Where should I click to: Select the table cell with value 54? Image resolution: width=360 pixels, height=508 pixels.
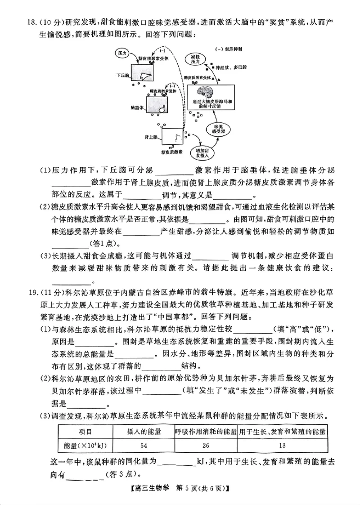point(144,446)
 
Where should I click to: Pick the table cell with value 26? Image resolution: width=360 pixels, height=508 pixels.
point(206,446)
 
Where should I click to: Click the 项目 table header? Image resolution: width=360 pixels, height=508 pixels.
point(85,432)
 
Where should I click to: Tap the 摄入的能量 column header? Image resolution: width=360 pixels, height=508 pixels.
point(144,432)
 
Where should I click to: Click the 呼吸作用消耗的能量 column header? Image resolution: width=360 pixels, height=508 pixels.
point(206,432)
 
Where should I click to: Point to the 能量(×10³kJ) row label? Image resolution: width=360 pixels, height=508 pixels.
point(85,446)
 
